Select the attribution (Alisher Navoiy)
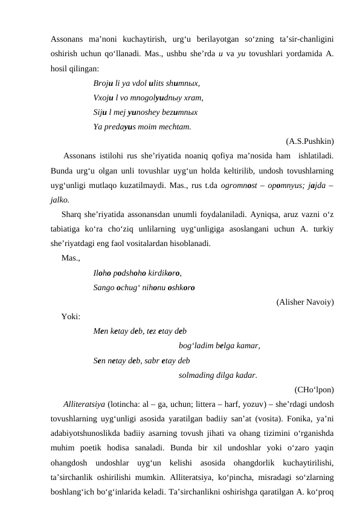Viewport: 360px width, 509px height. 305,301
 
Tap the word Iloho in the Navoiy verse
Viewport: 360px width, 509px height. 103,273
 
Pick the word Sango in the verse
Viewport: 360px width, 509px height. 104,287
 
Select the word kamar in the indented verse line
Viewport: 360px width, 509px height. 249,346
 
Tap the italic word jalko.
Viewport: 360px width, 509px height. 60,199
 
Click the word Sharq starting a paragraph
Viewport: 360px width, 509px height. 73,215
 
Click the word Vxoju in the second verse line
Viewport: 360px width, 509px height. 103,98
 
